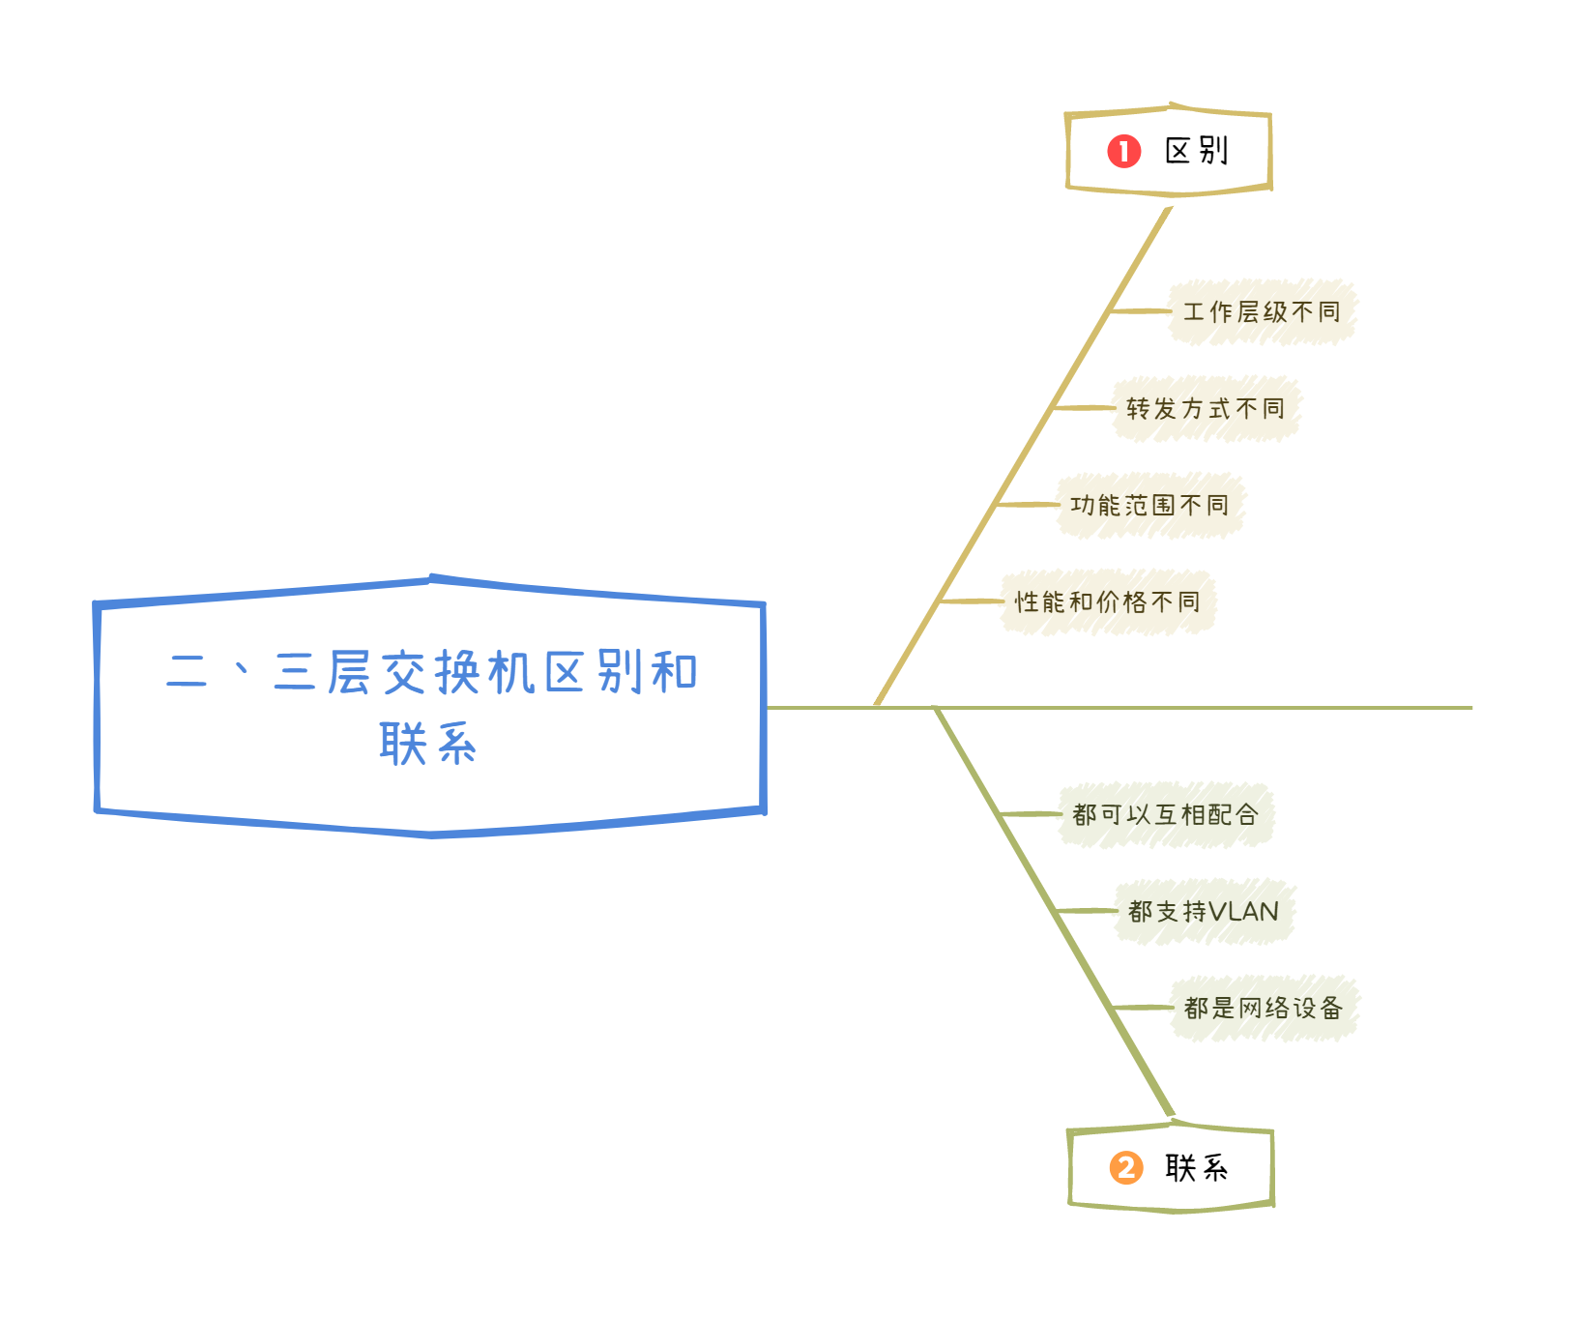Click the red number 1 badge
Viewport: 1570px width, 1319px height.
pos(1123,151)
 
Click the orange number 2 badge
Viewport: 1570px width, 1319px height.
pos(1125,1167)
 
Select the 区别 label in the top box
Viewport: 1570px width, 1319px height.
pos(1196,151)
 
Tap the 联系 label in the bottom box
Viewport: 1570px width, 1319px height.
pos(1196,1168)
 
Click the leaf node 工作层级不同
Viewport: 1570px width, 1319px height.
pos(1262,311)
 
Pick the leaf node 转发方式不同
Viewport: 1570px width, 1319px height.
pos(1206,408)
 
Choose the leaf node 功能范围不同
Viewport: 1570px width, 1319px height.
pos(1149,505)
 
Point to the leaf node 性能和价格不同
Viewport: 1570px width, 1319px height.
pos(1107,601)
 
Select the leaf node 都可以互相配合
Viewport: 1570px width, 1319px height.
pos(1165,814)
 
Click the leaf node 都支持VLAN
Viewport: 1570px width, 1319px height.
pos(1204,911)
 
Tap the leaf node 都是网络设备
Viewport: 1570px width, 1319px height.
pos(1264,1008)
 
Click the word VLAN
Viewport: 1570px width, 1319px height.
pos(1244,911)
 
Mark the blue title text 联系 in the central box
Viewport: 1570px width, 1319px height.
pos(428,745)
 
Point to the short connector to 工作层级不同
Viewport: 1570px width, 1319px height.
pos(1140,311)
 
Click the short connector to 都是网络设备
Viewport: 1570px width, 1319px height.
pos(1143,1008)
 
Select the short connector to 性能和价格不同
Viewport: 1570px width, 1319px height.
pos(972,601)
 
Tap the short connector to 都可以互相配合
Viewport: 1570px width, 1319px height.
pos(1031,814)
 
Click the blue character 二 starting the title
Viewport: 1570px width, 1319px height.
pos(187,672)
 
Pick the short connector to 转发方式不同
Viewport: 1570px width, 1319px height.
pos(1084,408)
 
